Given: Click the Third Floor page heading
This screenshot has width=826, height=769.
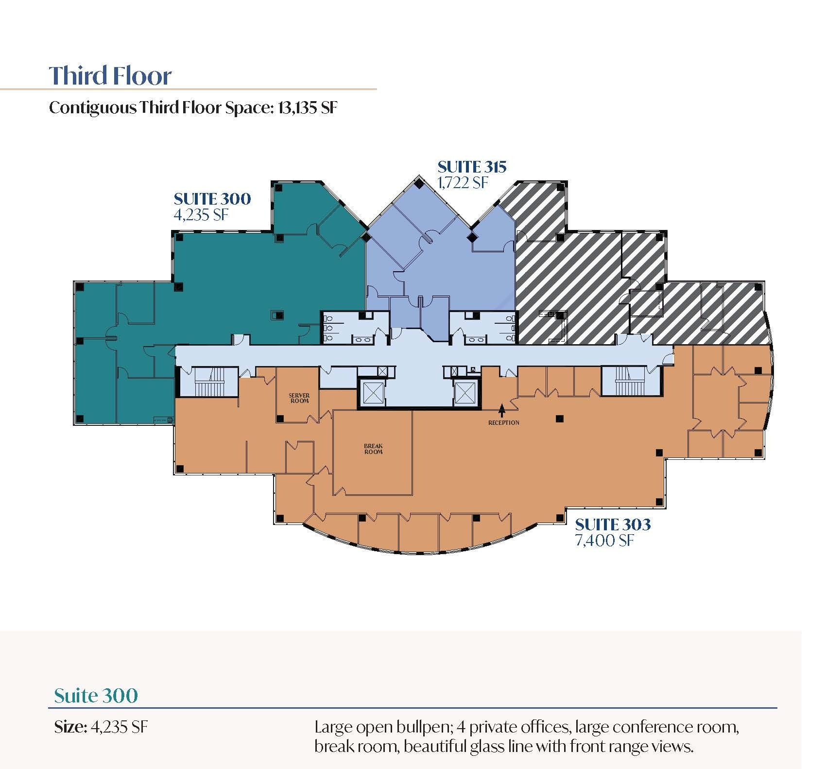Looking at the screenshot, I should pos(110,75).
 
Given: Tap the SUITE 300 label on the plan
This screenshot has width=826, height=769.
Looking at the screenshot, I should pos(212,199).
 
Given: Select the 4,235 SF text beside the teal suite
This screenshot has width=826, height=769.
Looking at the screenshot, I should pos(201,214).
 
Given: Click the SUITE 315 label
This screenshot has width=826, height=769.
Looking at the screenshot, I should pos(472,167).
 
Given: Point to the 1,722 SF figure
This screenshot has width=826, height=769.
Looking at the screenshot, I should pos(463,183).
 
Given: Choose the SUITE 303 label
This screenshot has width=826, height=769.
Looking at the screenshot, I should pos(613,524).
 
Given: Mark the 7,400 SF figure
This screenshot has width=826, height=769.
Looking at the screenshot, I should pos(604,541).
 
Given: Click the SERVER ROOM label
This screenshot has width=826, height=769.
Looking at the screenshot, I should pos(299,398).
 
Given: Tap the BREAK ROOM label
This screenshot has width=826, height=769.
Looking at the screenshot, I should pos(373,449).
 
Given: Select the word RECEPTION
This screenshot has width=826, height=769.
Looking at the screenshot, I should pos(503,423).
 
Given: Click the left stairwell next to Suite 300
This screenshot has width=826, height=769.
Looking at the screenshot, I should pos(209,382).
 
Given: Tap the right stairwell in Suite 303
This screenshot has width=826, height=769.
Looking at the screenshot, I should pos(630,381).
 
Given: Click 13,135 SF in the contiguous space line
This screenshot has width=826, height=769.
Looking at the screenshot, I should pos(307,107).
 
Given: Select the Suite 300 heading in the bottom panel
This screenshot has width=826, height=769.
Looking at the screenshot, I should pos(96,696).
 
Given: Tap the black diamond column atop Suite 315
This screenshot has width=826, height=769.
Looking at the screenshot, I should pos(418,183).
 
